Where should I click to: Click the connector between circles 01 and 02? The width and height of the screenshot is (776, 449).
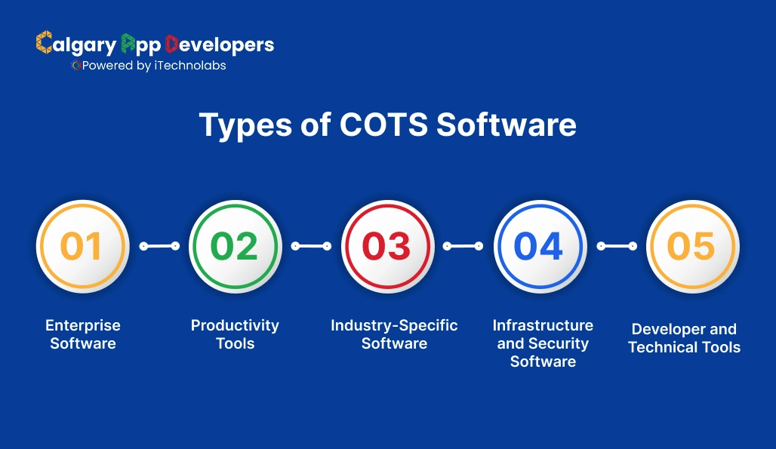[x=159, y=246]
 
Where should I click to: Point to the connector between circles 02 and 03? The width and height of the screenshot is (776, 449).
[x=311, y=246]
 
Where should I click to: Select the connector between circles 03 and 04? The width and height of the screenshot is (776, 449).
[x=463, y=246]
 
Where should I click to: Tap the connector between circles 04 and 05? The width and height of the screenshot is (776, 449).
[x=617, y=246]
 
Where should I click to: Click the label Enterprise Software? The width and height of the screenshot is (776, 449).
[x=82, y=334]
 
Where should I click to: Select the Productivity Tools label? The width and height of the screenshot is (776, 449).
[x=235, y=334]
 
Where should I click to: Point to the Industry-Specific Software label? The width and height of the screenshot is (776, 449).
[x=394, y=334]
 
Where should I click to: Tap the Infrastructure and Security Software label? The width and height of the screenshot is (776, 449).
[x=543, y=343]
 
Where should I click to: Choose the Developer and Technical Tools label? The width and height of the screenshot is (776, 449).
[x=685, y=338]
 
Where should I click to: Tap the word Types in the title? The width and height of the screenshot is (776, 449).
[x=245, y=125]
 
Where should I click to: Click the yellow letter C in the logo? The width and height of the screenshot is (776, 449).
[x=44, y=42]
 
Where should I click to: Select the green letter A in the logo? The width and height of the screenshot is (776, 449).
[x=128, y=43]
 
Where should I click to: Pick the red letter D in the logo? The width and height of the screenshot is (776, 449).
[x=171, y=44]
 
